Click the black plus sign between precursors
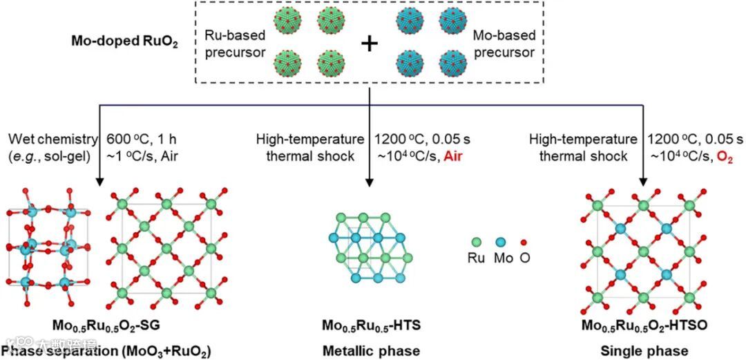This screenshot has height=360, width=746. coord(370,44)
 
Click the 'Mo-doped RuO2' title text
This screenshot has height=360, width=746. coord(124,41)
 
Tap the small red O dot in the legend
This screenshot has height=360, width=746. coord(526,242)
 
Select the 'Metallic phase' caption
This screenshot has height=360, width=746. coord(370,350)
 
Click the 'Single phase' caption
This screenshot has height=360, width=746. coord(643,350)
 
